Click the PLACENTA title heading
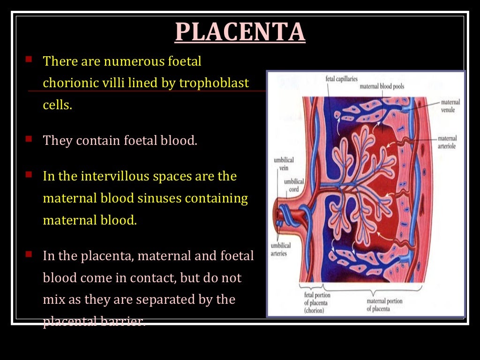coord(240,31)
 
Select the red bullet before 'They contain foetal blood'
coord(29,139)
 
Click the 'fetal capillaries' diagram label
coord(341,79)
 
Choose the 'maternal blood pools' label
coord(382,86)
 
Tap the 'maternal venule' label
coord(450,106)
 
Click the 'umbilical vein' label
coord(284,164)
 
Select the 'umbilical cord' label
coord(293,185)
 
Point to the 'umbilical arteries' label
coord(281,249)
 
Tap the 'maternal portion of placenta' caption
coord(384,305)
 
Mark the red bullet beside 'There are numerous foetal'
coord(29,60)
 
